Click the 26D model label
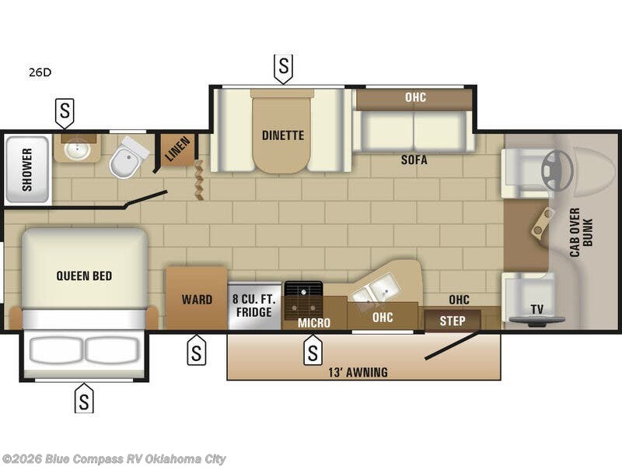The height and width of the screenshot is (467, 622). pyautogui.click(x=40, y=72)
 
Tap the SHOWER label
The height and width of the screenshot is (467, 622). pyautogui.click(x=27, y=170)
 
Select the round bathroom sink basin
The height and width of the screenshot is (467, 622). pyautogui.click(x=77, y=149)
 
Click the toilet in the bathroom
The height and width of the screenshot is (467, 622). pyautogui.click(x=128, y=158)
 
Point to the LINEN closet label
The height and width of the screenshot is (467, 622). pyautogui.click(x=177, y=149)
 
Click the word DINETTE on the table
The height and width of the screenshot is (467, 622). pyautogui.click(x=283, y=135)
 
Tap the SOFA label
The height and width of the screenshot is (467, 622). pyautogui.click(x=414, y=160)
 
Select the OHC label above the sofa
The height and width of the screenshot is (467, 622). pyautogui.click(x=415, y=97)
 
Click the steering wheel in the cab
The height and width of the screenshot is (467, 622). pyautogui.click(x=557, y=170)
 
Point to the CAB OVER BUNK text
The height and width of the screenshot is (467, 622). pyautogui.click(x=581, y=233)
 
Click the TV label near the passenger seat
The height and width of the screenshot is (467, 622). pyautogui.click(x=537, y=309)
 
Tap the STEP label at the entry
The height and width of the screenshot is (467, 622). pyautogui.click(x=453, y=321)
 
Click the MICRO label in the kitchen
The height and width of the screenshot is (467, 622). pyautogui.click(x=314, y=323)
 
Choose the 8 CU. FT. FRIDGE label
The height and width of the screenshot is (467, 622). pyautogui.click(x=254, y=305)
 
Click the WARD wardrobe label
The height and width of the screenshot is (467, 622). pyautogui.click(x=197, y=300)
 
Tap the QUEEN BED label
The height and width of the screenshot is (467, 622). pyautogui.click(x=84, y=276)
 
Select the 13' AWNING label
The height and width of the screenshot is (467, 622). pyautogui.click(x=358, y=373)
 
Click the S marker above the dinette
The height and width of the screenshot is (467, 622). pyautogui.click(x=283, y=68)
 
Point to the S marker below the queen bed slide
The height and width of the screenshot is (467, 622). pyautogui.click(x=84, y=399)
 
